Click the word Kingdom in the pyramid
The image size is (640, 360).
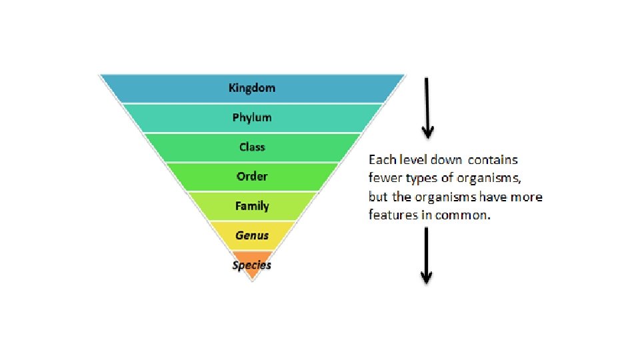(x=251, y=88)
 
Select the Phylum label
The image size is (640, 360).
(x=251, y=117)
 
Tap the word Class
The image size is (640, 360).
(x=252, y=147)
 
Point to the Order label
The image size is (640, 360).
(x=252, y=176)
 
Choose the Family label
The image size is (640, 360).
(x=252, y=206)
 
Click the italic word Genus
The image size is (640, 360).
(x=252, y=235)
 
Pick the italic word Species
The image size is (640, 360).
(x=252, y=265)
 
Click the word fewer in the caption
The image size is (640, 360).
(x=383, y=179)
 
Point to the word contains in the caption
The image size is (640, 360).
(x=493, y=160)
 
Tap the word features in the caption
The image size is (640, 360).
(x=389, y=215)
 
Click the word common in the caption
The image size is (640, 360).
(x=468, y=215)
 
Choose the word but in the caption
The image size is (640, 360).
(x=377, y=197)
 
